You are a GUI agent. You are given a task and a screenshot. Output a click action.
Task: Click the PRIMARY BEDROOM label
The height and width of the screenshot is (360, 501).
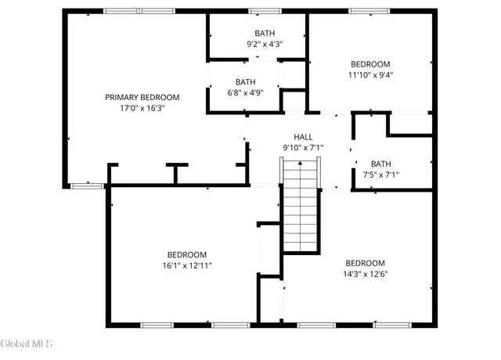(142, 97)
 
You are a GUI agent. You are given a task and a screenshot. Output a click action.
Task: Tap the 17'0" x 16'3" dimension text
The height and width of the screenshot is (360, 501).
(142, 108)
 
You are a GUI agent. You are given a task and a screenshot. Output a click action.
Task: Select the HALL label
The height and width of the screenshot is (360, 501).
(303, 136)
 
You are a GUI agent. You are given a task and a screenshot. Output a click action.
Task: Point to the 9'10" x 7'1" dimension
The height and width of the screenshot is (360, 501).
(303, 147)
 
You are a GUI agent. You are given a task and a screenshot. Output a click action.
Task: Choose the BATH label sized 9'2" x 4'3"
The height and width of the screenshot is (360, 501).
(265, 34)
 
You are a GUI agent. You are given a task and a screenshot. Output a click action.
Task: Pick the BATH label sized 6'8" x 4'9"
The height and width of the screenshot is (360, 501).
(246, 81)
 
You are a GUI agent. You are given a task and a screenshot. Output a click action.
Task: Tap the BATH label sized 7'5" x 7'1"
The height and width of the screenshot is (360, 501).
(381, 164)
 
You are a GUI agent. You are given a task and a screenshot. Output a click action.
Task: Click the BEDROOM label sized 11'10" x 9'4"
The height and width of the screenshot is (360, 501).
(371, 64)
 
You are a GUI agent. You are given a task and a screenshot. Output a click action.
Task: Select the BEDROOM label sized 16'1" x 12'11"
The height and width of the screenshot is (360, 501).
(187, 254)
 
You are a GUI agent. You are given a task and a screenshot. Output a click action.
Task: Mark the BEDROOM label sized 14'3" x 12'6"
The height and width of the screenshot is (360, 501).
(366, 262)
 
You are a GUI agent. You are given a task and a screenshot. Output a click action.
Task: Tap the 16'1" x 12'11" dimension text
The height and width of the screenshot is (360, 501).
(187, 265)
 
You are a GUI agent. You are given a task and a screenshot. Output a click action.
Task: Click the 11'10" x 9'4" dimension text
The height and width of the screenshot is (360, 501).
(371, 75)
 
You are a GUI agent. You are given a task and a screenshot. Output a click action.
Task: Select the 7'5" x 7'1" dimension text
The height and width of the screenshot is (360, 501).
(381, 175)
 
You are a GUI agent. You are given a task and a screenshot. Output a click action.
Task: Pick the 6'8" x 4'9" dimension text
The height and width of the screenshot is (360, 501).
(246, 92)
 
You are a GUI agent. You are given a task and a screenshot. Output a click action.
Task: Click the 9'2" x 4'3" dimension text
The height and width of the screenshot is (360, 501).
(265, 45)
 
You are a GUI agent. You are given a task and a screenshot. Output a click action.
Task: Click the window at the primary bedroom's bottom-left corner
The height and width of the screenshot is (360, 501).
(88, 185)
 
